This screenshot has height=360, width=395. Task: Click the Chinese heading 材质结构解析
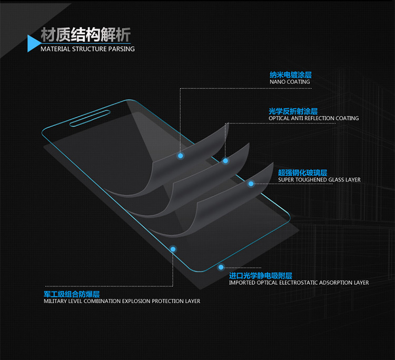click(x=86, y=35)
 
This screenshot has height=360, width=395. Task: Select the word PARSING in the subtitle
click(x=122, y=49)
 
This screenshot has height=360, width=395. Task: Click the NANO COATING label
click(x=290, y=82)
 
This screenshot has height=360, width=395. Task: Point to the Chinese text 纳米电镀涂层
click(x=290, y=75)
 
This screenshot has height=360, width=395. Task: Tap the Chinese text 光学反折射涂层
click(x=293, y=111)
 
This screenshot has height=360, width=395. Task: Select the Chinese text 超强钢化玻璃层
click(x=302, y=173)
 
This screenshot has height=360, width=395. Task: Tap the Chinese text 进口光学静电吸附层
click(x=261, y=276)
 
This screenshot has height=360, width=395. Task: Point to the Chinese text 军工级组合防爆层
click(x=72, y=294)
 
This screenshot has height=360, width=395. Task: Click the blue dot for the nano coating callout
click(x=180, y=156)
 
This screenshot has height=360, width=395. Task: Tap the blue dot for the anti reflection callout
click(x=225, y=161)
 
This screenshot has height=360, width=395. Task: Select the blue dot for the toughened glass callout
click(x=251, y=184)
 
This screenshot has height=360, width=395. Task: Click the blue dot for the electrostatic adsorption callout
click(x=221, y=267)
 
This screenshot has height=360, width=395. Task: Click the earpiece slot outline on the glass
click(x=90, y=118)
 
